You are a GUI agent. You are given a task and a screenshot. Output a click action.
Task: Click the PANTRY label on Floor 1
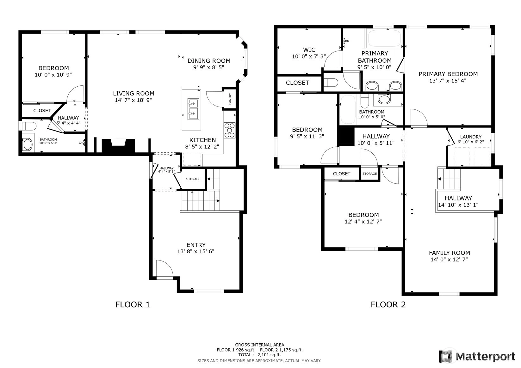[230, 99]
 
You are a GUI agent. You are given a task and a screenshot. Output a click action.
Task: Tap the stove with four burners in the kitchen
[229, 130]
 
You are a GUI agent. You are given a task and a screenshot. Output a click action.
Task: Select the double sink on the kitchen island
[193, 109]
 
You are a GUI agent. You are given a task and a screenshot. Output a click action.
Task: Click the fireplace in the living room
[119, 146]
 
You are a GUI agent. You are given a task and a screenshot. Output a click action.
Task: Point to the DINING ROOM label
[209, 61]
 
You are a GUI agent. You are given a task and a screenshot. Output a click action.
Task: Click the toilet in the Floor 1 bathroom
[29, 126]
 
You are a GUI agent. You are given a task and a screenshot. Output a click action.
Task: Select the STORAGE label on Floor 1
[193, 179]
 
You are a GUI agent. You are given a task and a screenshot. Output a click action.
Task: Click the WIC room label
[309, 50]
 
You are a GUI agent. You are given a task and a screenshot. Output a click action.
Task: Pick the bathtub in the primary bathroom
[384, 39]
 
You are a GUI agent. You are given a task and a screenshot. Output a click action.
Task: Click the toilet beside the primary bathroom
[331, 82]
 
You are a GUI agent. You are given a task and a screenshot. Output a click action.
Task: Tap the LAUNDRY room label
[471, 137]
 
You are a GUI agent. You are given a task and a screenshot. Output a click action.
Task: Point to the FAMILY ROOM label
[450, 253]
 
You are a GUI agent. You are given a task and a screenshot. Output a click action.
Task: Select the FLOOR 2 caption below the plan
[388, 304]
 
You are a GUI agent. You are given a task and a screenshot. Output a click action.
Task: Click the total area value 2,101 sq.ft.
[269, 355]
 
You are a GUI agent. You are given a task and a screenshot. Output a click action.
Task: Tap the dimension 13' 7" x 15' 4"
[448, 81]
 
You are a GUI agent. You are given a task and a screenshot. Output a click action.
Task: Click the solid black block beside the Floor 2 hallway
[346, 136]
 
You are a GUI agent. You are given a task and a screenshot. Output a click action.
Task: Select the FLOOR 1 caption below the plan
[133, 304]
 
